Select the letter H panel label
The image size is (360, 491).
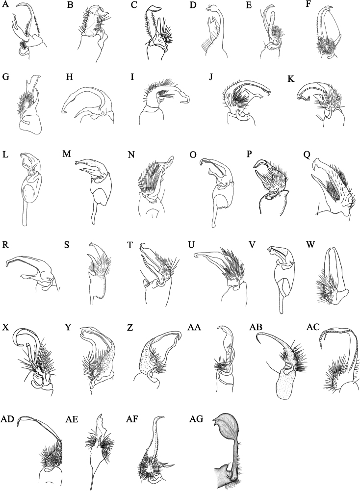point(70,78)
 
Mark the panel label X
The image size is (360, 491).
point(5,328)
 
